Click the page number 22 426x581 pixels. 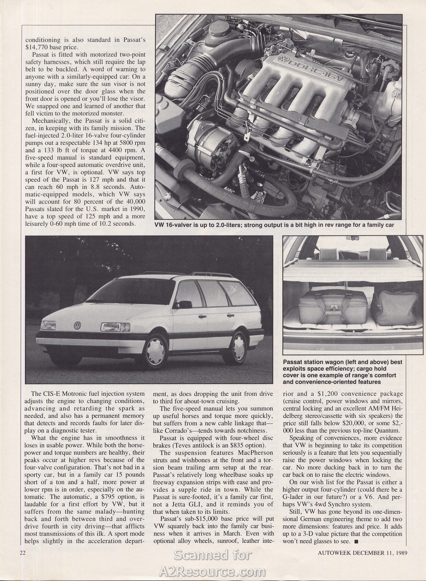pyautogui.click(x=23, y=552)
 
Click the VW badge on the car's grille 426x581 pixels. pyautogui.click(x=77, y=325)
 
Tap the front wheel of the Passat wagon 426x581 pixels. pyautogui.click(x=155, y=350)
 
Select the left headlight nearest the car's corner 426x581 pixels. pyautogui.click(x=48, y=325)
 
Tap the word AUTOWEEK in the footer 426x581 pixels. pyautogui.click(x=334, y=552)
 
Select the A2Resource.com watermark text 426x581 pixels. pyautogui.click(x=212, y=571)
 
